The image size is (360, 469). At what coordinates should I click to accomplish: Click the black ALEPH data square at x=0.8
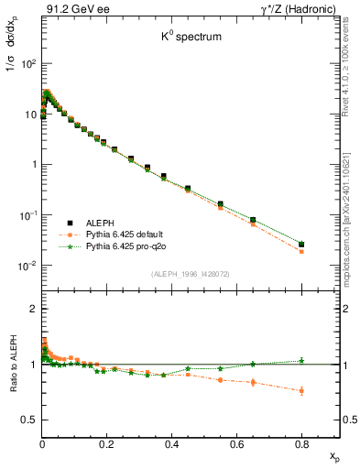coord(302,244)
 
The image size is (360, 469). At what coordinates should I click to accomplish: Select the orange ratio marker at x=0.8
coord(302,391)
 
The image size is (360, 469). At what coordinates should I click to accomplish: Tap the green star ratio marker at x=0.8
coord(302,360)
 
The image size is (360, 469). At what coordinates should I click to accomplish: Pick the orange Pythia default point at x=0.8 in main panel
coord(302,251)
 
